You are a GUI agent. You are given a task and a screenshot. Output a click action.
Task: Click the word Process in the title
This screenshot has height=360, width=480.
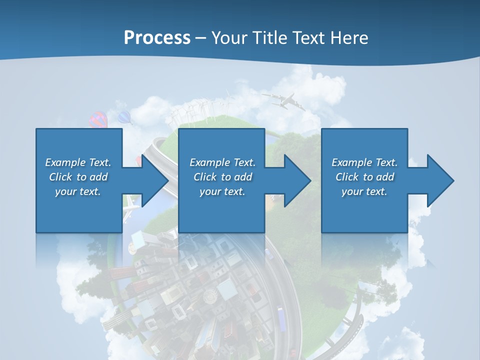point(157,38)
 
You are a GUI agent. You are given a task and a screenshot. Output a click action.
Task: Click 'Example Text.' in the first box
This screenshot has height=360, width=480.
point(78,162)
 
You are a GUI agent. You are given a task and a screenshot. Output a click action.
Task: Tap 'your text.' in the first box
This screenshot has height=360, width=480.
point(78,191)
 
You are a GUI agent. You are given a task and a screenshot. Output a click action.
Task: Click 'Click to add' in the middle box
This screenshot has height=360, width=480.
point(222,177)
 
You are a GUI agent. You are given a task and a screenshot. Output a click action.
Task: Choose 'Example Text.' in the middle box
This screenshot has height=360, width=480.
point(222,162)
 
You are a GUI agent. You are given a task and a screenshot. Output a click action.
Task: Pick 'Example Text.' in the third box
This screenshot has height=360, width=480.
point(364,162)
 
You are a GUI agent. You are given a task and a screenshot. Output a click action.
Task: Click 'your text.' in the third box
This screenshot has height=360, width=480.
point(364,191)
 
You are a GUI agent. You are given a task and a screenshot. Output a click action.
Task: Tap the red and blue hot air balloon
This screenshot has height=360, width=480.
point(98,120)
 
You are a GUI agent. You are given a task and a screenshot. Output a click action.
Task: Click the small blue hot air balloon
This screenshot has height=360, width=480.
point(124,117)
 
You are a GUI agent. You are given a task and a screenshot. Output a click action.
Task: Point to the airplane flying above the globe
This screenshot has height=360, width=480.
point(284,101)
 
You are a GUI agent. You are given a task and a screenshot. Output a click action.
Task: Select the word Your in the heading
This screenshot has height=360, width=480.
point(228,38)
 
